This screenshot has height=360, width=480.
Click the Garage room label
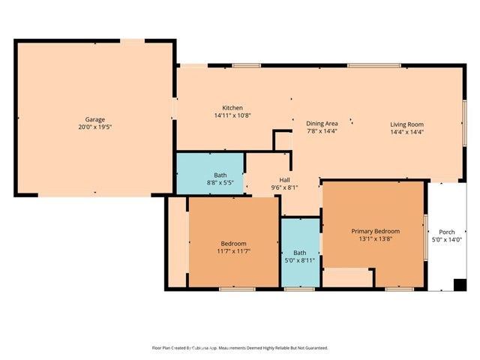[94, 119]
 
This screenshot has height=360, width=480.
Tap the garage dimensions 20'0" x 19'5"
[94, 127]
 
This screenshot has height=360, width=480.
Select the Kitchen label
[232, 107]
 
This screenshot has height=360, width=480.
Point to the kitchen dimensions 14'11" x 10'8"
[232, 115]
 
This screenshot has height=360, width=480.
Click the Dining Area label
[322, 123]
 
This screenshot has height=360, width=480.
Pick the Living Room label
[406, 124]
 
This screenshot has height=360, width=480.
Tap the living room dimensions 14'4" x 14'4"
[406, 131]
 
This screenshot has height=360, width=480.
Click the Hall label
[284, 180]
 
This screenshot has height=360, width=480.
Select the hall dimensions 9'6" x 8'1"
[284, 187]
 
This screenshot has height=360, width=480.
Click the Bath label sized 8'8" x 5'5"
[220, 175]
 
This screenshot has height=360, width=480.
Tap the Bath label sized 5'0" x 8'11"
[299, 253]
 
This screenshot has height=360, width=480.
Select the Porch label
[447, 231]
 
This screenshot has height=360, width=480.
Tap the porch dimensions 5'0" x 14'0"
[447, 239]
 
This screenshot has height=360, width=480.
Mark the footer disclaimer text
[239, 348]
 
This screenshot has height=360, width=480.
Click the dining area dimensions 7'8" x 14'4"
[322, 131]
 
